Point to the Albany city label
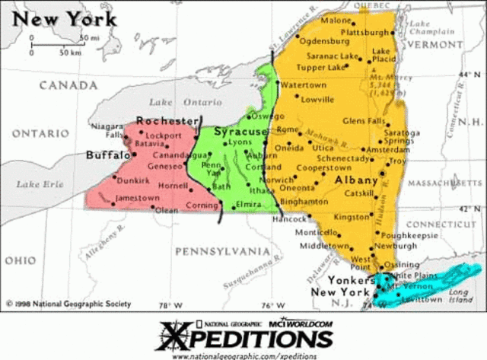[356, 180]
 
